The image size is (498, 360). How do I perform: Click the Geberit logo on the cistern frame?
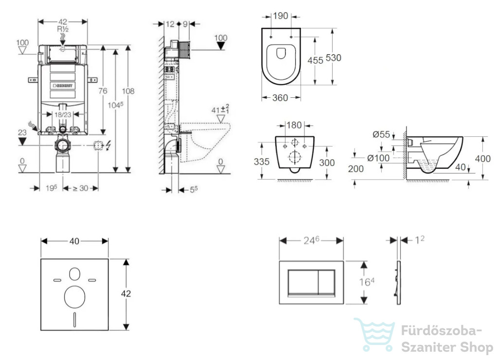point(63,86)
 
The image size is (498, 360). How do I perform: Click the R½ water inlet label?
point(63,29)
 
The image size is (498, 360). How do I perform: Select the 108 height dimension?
point(128,91)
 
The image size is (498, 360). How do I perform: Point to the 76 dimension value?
point(103,91)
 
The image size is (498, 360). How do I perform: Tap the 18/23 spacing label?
point(63,114)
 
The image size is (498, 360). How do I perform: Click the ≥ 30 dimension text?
point(80,188)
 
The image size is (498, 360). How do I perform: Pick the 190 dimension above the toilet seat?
point(281,16)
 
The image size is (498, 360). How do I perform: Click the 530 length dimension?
point(334,58)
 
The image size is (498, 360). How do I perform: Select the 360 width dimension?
point(280,98)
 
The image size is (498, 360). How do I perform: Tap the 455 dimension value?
point(315,60)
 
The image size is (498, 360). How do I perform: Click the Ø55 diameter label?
point(381,135)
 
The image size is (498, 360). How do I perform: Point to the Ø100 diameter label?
point(378,158)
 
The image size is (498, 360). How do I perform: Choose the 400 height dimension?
point(483,158)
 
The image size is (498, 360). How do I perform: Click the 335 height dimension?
point(262,162)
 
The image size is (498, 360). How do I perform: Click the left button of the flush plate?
point(303,282)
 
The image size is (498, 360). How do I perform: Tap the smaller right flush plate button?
point(326,282)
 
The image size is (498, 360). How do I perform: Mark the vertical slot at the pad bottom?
point(74,320)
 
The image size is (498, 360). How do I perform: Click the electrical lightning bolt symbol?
point(108,145)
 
